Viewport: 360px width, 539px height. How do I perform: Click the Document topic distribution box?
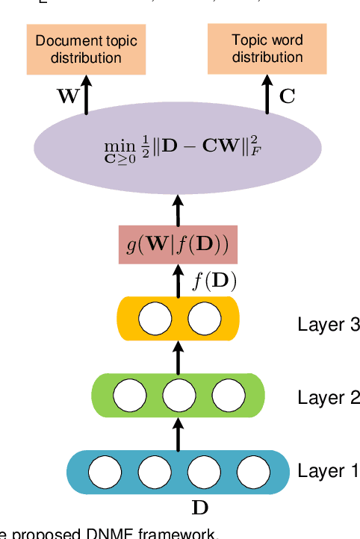[86, 49]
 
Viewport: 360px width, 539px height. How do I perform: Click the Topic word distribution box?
[267, 49]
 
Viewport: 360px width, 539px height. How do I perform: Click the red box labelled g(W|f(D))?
[178, 244]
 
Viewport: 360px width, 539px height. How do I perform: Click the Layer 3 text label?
[329, 324]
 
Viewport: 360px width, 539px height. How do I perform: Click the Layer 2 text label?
[329, 397]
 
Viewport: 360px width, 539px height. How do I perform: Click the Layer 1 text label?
[329, 471]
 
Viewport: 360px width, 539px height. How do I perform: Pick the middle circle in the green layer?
[178, 393]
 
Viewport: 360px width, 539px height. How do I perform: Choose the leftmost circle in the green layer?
[130, 393]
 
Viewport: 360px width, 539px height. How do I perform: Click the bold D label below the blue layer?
[199, 508]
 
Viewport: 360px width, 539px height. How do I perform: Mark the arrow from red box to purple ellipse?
[178, 209]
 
